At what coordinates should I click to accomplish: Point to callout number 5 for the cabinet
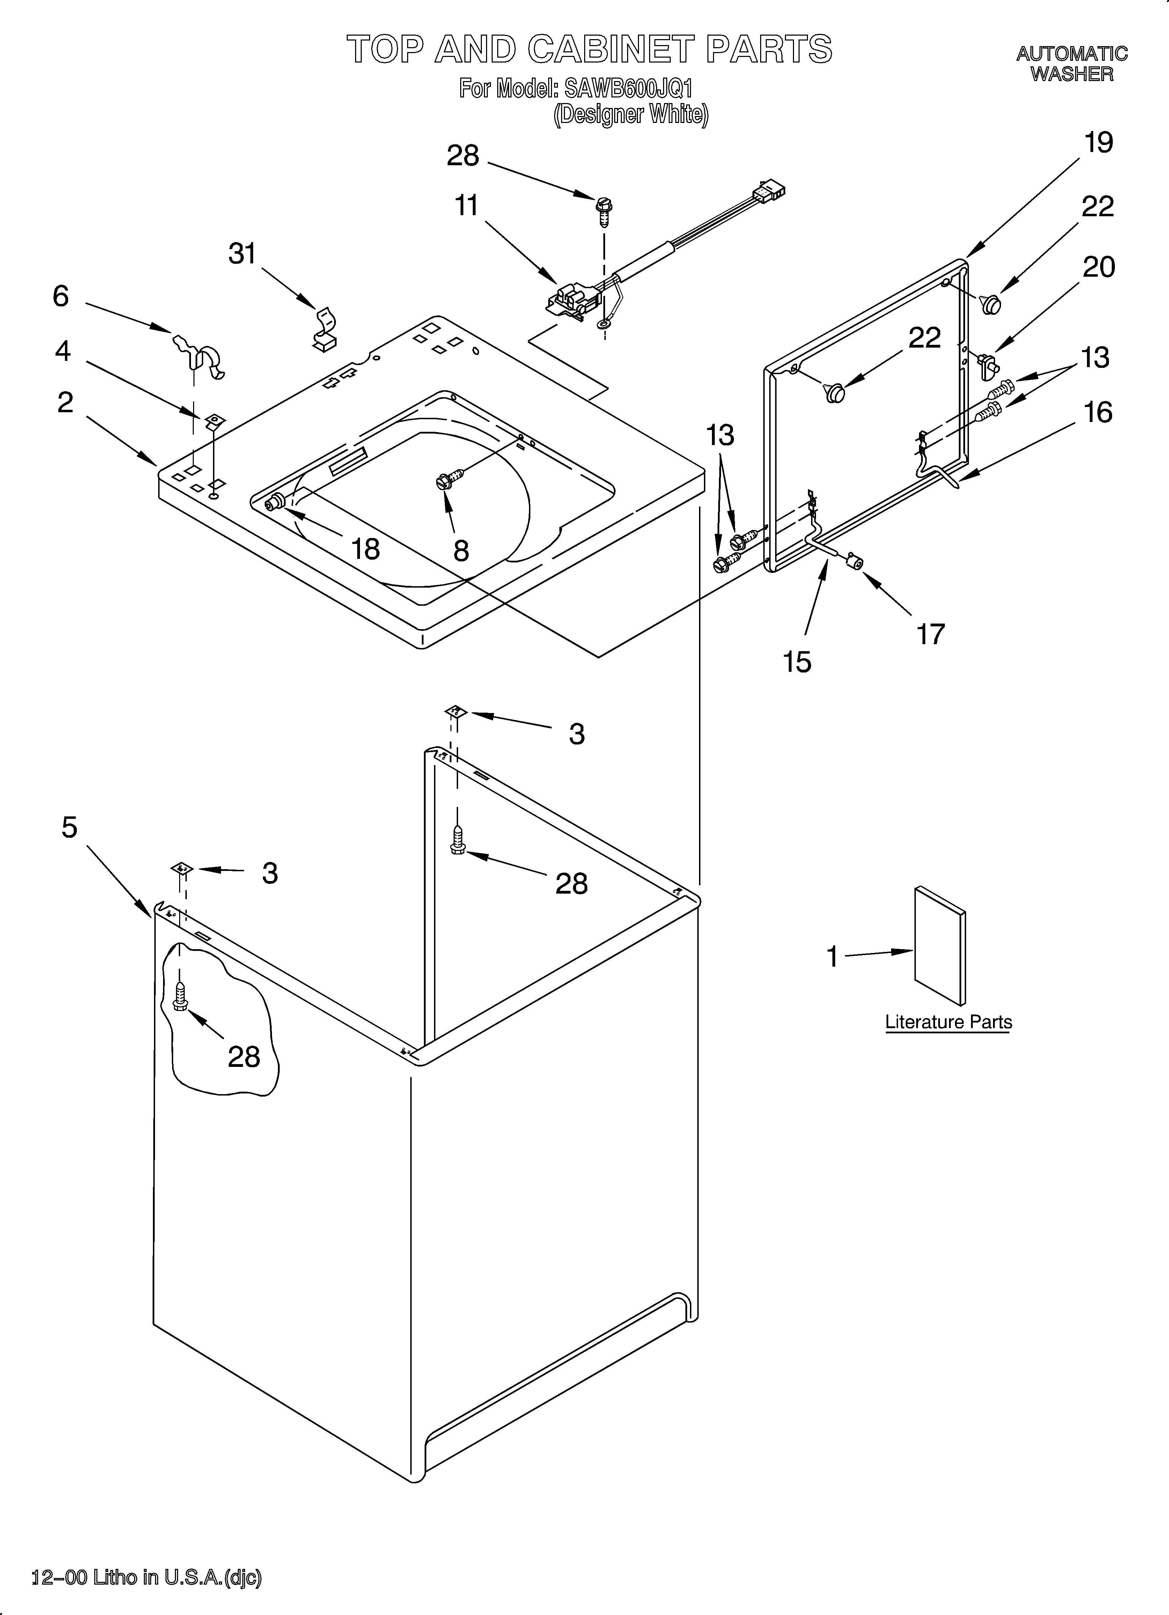click(x=69, y=828)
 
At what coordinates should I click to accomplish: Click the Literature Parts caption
click(x=948, y=1022)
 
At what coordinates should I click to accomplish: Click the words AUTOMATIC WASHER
click(x=1072, y=63)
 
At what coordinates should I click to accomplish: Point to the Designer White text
click(x=631, y=115)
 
